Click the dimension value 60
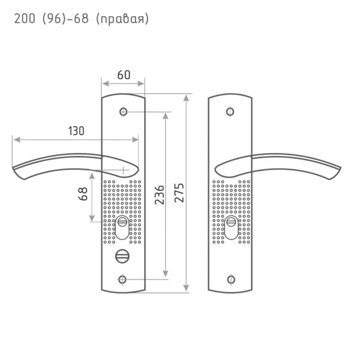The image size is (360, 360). coord(124,75)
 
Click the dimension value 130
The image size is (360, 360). coord(76,131)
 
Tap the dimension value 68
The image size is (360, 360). coord(83,194)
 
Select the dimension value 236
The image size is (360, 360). coord(160,195)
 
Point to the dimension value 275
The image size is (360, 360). coord(179,193)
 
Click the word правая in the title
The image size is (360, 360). coord(122,19)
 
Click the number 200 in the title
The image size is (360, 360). coord(25,19)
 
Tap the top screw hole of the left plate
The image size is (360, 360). coord(123,112)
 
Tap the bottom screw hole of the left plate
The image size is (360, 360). coord(122,280)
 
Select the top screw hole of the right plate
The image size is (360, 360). coord(230,112)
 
